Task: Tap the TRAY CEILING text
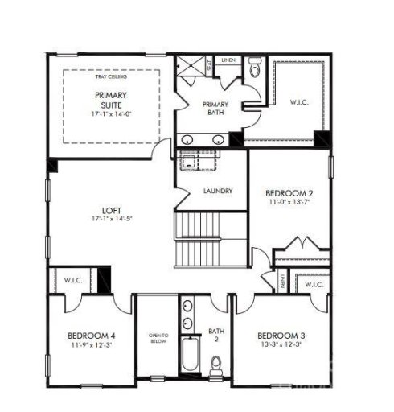pos(111,76)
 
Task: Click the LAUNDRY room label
pos(218,192)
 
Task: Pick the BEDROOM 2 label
pos(289,193)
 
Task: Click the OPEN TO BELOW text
pos(158,337)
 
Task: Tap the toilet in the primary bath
pos(255,72)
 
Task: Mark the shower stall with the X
pos(190,68)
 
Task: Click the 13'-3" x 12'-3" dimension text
pos(281,345)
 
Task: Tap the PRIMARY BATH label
pos(215,109)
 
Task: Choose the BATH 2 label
pos(215,333)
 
